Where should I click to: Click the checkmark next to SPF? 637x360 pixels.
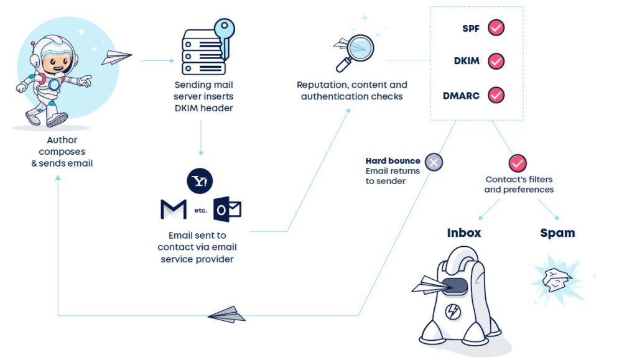[496, 27]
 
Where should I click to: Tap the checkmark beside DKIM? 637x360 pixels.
[496, 61]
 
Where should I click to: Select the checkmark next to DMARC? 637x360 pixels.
[496, 95]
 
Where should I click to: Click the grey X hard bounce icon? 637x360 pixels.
[434, 162]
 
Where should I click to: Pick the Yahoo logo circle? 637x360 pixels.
[200, 181]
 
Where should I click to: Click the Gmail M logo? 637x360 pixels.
[174, 210]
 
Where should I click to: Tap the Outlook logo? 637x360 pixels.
[227, 209]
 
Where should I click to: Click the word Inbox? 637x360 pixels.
[464, 233]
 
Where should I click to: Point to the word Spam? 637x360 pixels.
[557, 233]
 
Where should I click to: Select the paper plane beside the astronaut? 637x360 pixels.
[116, 58]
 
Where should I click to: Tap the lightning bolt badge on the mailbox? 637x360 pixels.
[453, 312]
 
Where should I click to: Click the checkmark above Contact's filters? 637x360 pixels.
[518, 164]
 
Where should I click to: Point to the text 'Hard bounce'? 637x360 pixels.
[393, 161]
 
